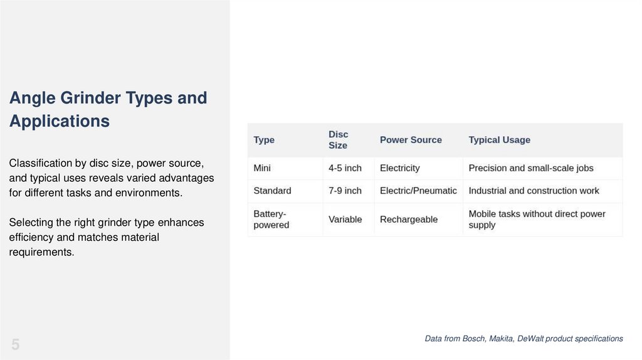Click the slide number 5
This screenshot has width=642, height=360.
pyautogui.click(x=15, y=344)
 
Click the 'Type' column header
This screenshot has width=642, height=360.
pyautogui.click(x=264, y=140)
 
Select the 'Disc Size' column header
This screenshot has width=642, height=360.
pyautogui.click(x=338, y=140)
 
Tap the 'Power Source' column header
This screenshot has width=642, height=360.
pyautogui.click(x=411, y=140)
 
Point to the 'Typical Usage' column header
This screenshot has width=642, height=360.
pyautogui.click(x=499, y=140)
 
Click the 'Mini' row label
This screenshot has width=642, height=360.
pyautogui.click(x=262, y=168)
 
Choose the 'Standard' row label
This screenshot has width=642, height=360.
pyautogui.click(x=272, y=191)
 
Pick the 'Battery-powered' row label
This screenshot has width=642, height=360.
pyautogui.click(x=271, y=220)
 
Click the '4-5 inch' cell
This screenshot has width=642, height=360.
pyautogui.click(x=345, y=168)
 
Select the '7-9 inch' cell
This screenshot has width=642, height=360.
pyautogui.click(x=345, y=191)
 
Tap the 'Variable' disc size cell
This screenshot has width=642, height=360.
pyautogui.click(x=345, y=220)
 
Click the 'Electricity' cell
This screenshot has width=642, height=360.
pyautogui.click(x=399, y=168)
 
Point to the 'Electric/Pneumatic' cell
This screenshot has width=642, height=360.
pyautogui.click(x=418, y=191)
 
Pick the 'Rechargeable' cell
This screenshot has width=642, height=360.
pyautogui.click(x=408, y=220)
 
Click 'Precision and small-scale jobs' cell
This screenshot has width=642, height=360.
pyautogui.click(x=530, y=168)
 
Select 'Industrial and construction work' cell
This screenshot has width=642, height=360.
pyautogui.click(x=534, y=191)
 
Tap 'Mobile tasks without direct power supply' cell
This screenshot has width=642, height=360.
pyautogui.click(x=537, y=220)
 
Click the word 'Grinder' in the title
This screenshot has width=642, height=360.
pyautogui.click(x=90, y=98)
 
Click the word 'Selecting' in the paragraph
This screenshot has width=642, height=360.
pyautogui.click(x=31, y=223)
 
